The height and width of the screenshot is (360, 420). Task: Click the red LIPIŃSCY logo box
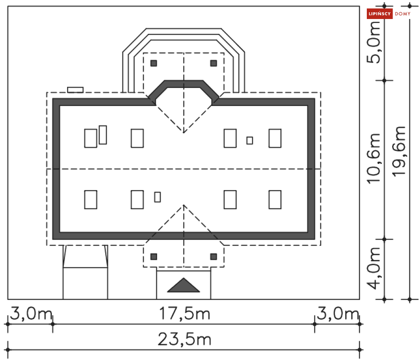379,14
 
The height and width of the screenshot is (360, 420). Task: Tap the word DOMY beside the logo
403,14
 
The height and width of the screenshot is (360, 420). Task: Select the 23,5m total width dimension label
184,339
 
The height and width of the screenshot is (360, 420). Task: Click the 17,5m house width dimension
184,314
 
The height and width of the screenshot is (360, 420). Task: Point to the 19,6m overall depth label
399,151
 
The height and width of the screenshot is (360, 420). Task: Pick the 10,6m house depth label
374,158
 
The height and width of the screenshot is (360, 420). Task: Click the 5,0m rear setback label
374,42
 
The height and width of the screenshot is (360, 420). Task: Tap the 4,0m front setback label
374,268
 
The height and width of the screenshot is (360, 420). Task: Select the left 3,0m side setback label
31,314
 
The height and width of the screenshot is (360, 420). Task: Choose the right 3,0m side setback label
338,314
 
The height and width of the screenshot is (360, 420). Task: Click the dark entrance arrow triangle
184,285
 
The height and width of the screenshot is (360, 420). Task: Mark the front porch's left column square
154,257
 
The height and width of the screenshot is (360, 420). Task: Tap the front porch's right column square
214,257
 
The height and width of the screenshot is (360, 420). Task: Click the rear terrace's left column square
154,63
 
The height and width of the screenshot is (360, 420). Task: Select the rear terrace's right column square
214,63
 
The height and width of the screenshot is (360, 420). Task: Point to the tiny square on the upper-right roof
249,140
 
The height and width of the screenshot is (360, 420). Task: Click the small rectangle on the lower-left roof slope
157,197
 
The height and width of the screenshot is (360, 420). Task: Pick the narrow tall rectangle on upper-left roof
103,135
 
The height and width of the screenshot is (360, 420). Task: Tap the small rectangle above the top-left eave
75,90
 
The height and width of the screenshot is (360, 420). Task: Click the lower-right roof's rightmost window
275,200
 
